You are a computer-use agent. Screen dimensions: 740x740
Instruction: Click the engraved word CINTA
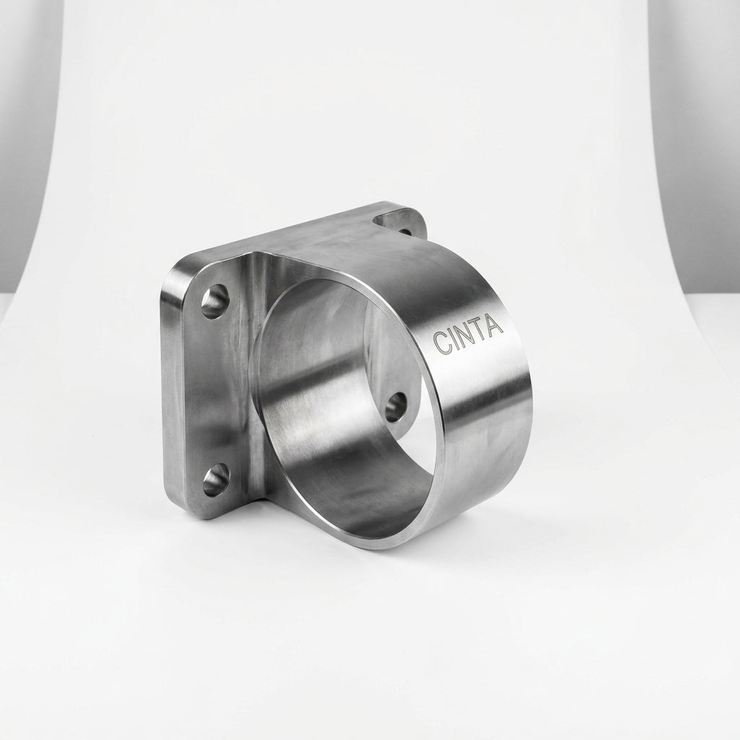coord(468,335)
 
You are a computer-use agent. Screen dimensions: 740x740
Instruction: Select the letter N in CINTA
coord(465,335)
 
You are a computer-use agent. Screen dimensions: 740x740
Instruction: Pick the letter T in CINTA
coord(481,330)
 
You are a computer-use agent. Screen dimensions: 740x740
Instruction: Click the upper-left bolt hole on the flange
coord(215,301)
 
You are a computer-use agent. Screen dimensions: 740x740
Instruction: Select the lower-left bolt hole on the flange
coord(217,480)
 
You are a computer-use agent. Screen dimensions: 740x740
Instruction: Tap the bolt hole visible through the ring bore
coord(396,408)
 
